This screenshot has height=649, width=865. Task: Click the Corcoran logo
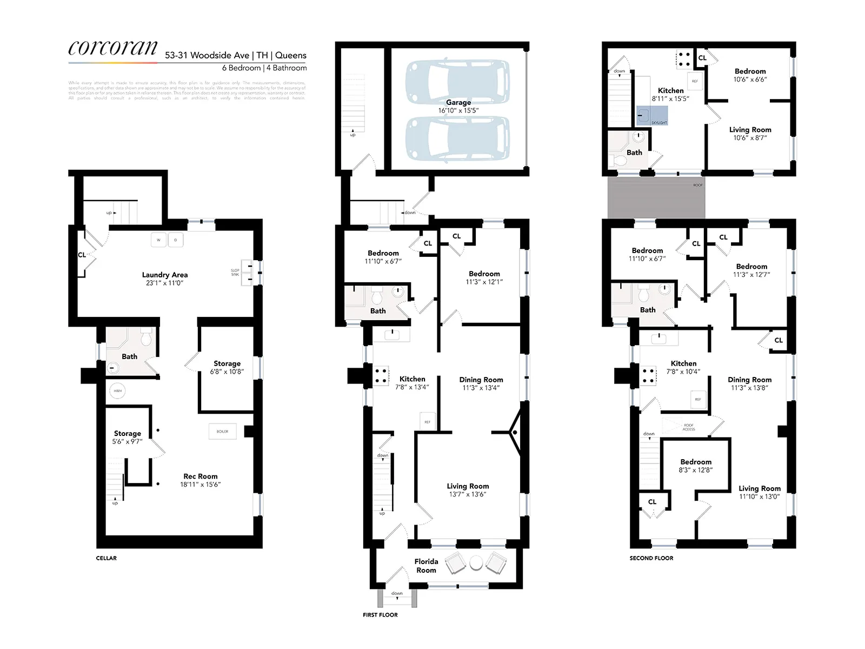[113, 48]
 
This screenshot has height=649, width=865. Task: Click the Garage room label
[458, 102]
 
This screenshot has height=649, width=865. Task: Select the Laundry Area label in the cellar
[164, 275]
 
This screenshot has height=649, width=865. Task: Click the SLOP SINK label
[235, 272]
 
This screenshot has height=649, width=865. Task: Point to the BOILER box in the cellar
[222, 432]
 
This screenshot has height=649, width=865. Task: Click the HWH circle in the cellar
[117, 390]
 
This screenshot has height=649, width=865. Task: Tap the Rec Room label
[201, 476]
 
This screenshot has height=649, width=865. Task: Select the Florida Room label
[426, 566]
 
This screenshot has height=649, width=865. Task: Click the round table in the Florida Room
[476, 563]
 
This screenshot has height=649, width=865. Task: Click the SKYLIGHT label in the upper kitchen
[659, 123]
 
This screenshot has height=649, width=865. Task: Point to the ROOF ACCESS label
[688, 427]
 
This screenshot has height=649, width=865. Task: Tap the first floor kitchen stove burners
[381, 376]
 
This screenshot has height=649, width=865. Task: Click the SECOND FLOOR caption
[651, 558]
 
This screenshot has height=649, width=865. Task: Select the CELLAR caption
[107, 558]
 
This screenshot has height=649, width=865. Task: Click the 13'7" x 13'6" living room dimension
[468, 494]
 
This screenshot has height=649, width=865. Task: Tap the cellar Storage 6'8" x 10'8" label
[227, 367]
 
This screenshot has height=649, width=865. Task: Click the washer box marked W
[158, 240]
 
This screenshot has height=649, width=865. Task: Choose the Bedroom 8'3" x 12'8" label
[696, 466]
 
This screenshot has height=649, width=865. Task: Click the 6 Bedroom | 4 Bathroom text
[264, 68]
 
